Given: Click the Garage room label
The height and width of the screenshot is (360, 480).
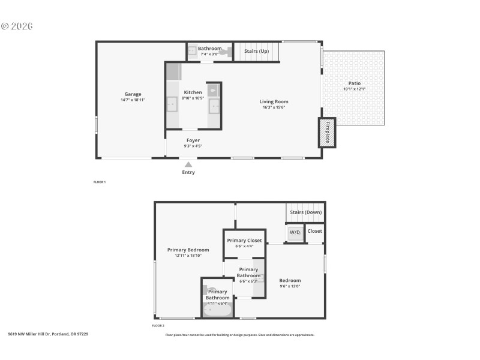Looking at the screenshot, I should click(x=133, y=94).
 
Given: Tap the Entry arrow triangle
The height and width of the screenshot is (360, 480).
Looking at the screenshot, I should click(x=188, y=164).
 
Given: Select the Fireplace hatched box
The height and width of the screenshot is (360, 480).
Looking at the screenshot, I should click(x=327, y=132).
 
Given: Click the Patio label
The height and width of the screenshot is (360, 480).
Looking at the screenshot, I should click(x=355, y=83).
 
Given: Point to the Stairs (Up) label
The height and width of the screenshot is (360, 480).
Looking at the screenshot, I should click(x=256, y=52).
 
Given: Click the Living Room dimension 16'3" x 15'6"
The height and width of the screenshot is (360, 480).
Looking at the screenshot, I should click(x=274, y=108).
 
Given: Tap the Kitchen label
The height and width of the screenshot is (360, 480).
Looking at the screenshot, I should click(x=193, y=92).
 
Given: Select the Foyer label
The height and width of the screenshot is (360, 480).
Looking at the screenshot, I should click(x=193, y=140).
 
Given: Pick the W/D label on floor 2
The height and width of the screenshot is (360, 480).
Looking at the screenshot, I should click(x=295, y=232).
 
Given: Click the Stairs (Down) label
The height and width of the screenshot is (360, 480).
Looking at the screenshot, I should click(x=305, y=212).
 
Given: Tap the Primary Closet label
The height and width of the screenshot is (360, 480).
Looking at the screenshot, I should click(x=244, y=240).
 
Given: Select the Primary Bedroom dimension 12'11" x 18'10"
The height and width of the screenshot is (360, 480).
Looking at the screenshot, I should click(x=188, y=256).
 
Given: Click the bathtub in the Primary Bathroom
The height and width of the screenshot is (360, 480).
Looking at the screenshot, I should click(x=217, y=310).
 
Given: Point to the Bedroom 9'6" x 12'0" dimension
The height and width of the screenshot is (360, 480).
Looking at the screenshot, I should click(x=290, y=286).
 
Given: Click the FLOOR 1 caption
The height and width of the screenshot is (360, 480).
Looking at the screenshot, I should click(x=100, y=182).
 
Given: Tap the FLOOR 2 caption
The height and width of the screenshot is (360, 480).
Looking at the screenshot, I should click(x=158, y=326).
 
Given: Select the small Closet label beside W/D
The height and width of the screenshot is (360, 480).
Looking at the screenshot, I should click(x=314, y=230).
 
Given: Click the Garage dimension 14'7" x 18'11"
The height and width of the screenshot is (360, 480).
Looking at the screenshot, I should click(x=133, y=100).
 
